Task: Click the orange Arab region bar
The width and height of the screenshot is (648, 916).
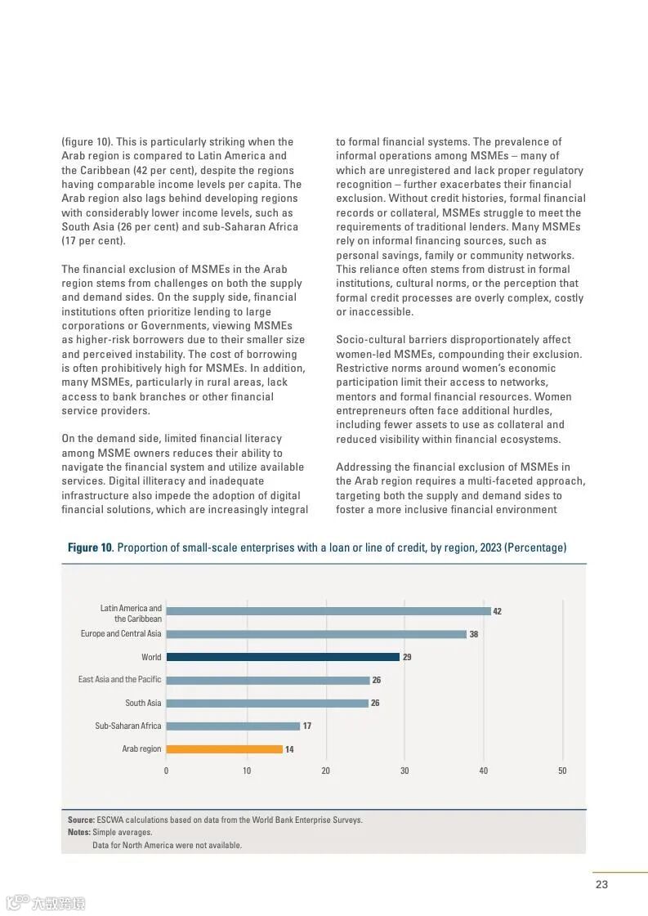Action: [224, 749]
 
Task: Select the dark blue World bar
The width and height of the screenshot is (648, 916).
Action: [283, 657]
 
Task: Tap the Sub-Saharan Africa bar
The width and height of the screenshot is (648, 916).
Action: [233, 726]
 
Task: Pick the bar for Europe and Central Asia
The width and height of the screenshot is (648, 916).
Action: [316, 634]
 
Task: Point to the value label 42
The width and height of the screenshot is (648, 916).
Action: [497, 611]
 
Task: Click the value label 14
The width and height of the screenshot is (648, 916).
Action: [289, 749]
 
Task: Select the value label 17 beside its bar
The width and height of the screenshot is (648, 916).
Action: [306, 726]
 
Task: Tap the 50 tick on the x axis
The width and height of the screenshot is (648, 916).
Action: [562, 771]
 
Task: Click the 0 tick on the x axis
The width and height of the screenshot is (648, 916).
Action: [166, 771]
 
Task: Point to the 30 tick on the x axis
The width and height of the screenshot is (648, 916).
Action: [404, 771]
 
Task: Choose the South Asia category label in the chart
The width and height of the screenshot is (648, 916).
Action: [143, 704]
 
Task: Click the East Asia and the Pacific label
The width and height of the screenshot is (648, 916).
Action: [120, 680]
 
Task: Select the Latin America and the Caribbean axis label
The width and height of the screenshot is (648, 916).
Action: [131, 614]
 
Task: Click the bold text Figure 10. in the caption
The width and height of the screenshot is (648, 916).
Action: [90, 547]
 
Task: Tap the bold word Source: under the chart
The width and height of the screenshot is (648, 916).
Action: [81, 820]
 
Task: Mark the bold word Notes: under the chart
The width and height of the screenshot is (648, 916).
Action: [79, 833]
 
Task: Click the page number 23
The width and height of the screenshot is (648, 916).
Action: [601, 884]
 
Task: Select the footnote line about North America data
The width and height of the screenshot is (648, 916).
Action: [167, 845]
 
